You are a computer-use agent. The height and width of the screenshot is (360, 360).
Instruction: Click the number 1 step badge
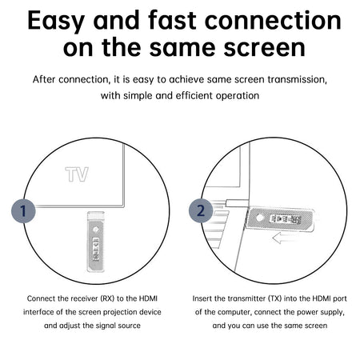[23, 210]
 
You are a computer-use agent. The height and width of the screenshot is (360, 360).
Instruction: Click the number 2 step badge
[201, 210]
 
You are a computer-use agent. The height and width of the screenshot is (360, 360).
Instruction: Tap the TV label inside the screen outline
[77, 174]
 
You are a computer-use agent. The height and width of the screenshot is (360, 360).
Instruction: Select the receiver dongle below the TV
[95, 242]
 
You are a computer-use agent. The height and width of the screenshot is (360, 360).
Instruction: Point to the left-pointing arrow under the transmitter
[284, 238]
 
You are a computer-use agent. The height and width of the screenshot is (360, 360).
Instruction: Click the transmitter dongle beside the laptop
[279, 219]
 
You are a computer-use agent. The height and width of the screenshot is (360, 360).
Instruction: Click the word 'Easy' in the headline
[56, 22]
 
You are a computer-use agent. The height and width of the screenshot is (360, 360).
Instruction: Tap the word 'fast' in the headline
[173, 20]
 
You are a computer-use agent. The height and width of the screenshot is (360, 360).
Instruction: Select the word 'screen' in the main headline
[265, 48]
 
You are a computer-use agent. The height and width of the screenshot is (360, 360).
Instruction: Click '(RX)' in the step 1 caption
[107, 298]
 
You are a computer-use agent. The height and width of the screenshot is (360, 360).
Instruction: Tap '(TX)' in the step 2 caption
[274, 298]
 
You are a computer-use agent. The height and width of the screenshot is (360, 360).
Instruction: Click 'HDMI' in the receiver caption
[148, 298]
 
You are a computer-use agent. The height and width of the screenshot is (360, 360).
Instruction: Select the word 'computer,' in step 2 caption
[236, 312]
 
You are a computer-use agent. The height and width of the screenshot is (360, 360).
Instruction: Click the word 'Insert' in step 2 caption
[201, 298]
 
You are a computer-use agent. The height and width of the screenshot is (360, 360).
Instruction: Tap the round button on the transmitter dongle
[259, 218]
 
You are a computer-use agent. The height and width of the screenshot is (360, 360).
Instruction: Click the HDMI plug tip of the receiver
[96, 214]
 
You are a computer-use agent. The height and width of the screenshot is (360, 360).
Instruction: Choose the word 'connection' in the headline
[273, 20]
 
